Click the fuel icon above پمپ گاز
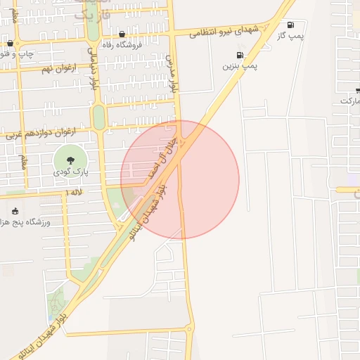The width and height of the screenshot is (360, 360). click(x=291, y=25)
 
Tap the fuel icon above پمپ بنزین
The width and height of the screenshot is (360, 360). click(x=240, y=56)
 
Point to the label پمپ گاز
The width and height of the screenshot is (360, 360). click(x=290, y=35)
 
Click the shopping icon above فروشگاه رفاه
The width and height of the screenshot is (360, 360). click(x=122, y=34)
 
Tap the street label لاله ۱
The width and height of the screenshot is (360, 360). click(x=73, y=192)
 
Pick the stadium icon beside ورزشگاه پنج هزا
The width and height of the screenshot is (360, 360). click(x=15, y=212)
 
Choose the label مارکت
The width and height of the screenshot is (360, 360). click(x=350, y=101)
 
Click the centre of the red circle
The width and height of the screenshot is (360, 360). click(x=180, y=180)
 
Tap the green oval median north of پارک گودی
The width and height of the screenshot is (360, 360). click(x=98, y=117)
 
